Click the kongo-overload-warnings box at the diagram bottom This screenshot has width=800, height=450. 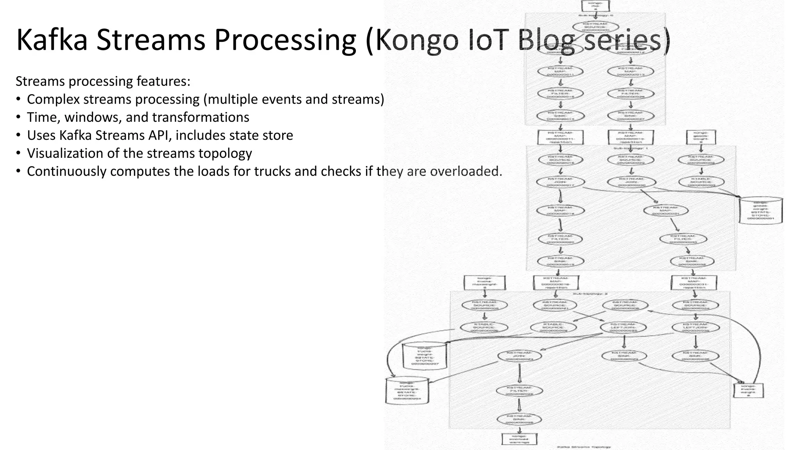519,439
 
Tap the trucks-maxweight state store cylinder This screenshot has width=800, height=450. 407,390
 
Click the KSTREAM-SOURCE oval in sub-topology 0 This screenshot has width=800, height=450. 596,27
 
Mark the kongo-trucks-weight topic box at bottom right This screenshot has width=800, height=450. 748,390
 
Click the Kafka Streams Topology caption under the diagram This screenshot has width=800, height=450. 584,446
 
